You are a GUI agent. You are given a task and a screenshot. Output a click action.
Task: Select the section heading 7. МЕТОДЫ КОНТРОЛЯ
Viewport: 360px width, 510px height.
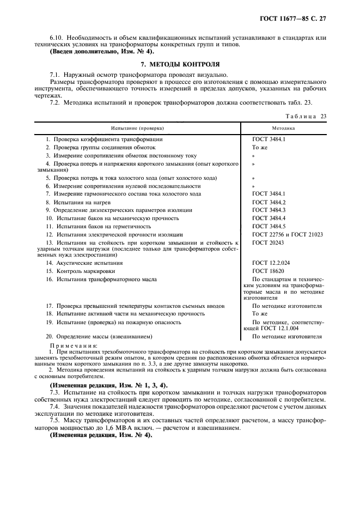pos(180,64)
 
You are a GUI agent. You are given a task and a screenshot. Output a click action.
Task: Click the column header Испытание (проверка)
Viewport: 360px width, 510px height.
pos(137,128)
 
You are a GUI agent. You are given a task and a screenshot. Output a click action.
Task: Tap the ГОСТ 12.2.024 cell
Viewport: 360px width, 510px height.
pos(271,263)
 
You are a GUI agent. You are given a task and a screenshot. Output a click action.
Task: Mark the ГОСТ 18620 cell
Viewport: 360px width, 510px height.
pos(267,271)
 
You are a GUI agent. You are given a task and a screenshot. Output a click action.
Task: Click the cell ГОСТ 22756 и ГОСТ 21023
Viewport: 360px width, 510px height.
pos(288,234)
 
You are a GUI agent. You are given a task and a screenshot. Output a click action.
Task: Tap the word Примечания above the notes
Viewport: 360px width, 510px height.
pos(74,345)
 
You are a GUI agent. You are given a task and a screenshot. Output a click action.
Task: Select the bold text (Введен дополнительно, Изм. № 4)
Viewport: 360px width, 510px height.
pos(101,52)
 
